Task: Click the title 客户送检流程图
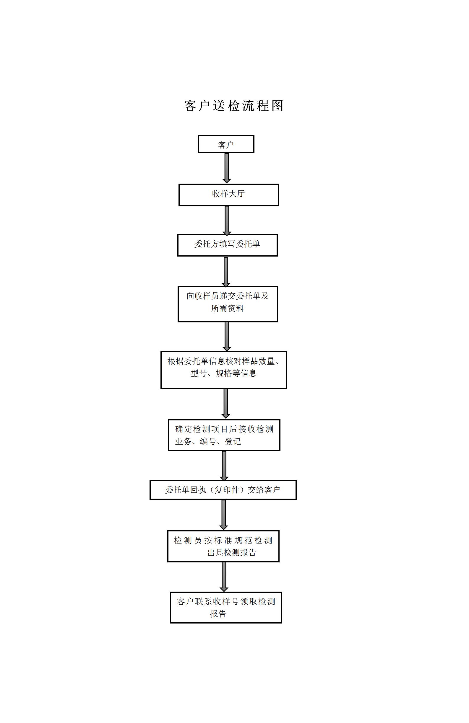click(233, 106)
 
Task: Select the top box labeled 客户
click(226, 144)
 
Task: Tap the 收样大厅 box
click(229, 195)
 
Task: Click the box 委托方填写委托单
click(228, 245)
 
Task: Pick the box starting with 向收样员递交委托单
click(228, 304)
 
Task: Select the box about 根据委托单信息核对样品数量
click(223, 370)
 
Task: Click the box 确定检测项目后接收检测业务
click(224, 435)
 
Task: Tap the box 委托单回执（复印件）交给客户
click(223, 489)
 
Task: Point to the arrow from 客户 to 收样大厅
click(227, 168)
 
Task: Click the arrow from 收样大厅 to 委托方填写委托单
click(227, 221)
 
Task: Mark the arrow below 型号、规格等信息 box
click(226, 404)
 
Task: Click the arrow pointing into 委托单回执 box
click(224, 466)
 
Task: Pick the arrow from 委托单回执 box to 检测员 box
click(224, 515)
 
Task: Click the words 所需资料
click(228, 308)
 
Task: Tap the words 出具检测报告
click(232, 552)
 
